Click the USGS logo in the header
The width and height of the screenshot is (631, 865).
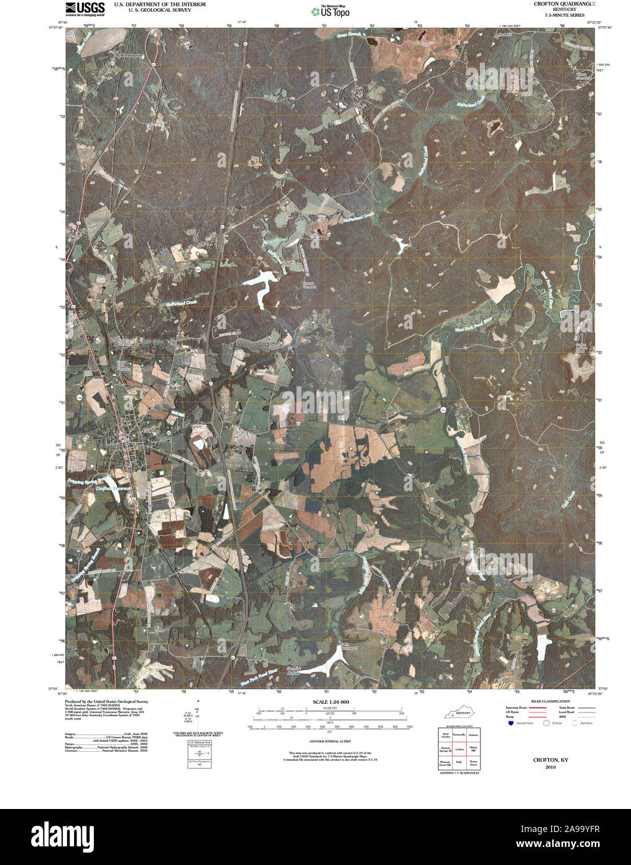pyautogui.click(x=85, y=8)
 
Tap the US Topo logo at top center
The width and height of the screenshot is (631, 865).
pyautogui.click(x=331, y=11)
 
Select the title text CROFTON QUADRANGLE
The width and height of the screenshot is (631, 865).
pyautogui.click(x=564, y=4)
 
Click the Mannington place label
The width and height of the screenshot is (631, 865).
pyautogui.click(x=131, y=55)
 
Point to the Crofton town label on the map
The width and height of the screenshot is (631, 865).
pyautogui.click(x=150, y=431)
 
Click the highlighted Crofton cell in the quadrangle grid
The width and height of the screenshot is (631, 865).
pyautogui.click(x=459, y=750)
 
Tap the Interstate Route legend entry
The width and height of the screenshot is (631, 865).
pyautogui.click(x=516, y=708)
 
